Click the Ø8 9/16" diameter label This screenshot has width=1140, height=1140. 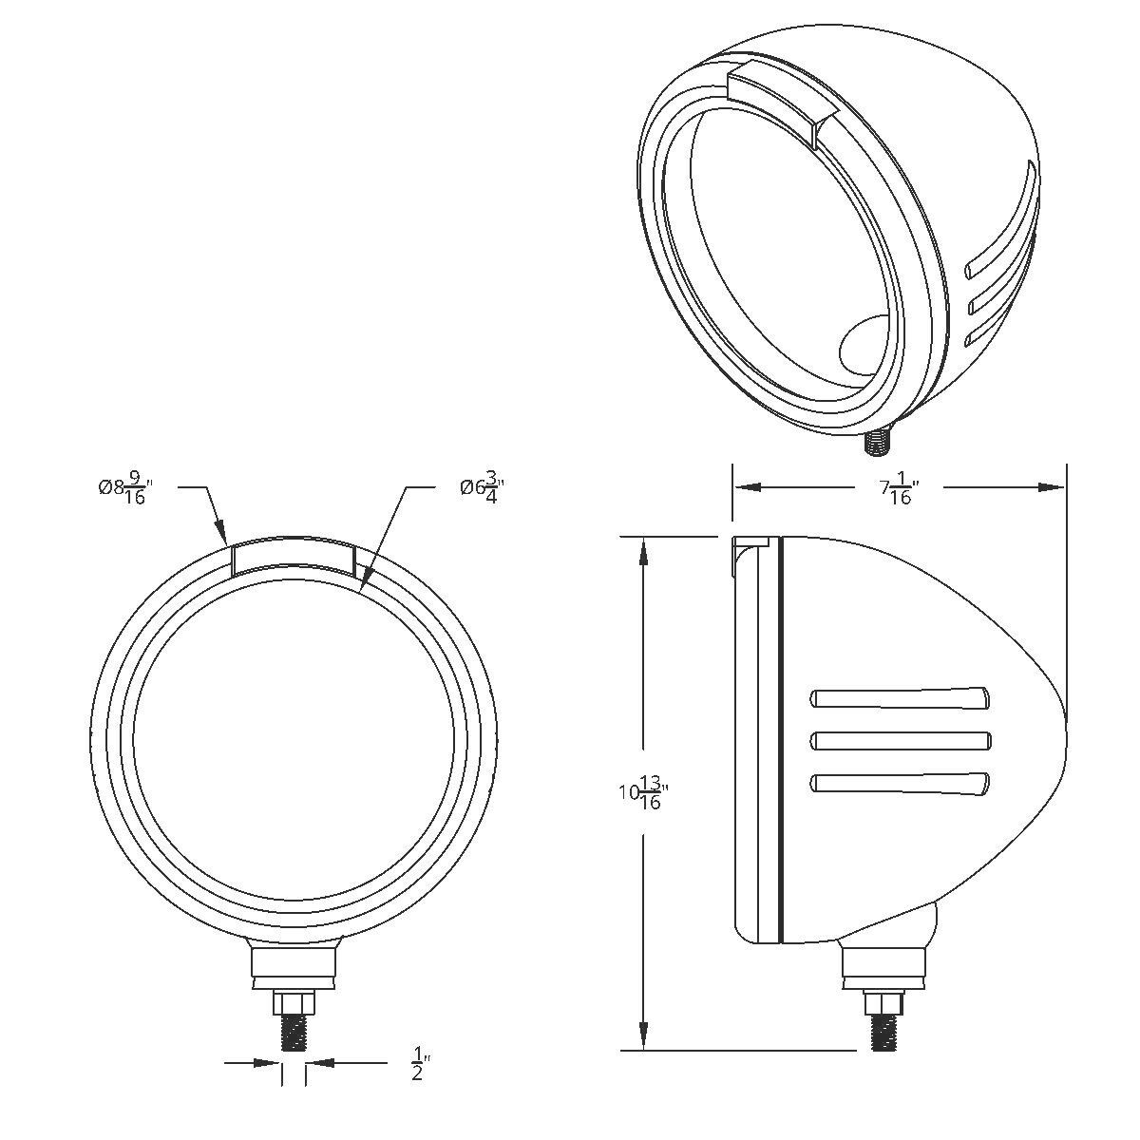[x=124, y=489]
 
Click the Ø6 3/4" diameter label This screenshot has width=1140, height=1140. [x=480, y=489]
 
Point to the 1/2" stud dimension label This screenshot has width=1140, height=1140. [x=418, y=1063]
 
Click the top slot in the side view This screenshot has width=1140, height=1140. [x=901, y=698]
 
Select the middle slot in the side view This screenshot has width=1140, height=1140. [x=901, y=740]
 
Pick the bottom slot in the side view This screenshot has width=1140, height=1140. [x=901, y=783]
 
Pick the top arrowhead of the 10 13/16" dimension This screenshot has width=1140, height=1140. [x=644, y=550]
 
